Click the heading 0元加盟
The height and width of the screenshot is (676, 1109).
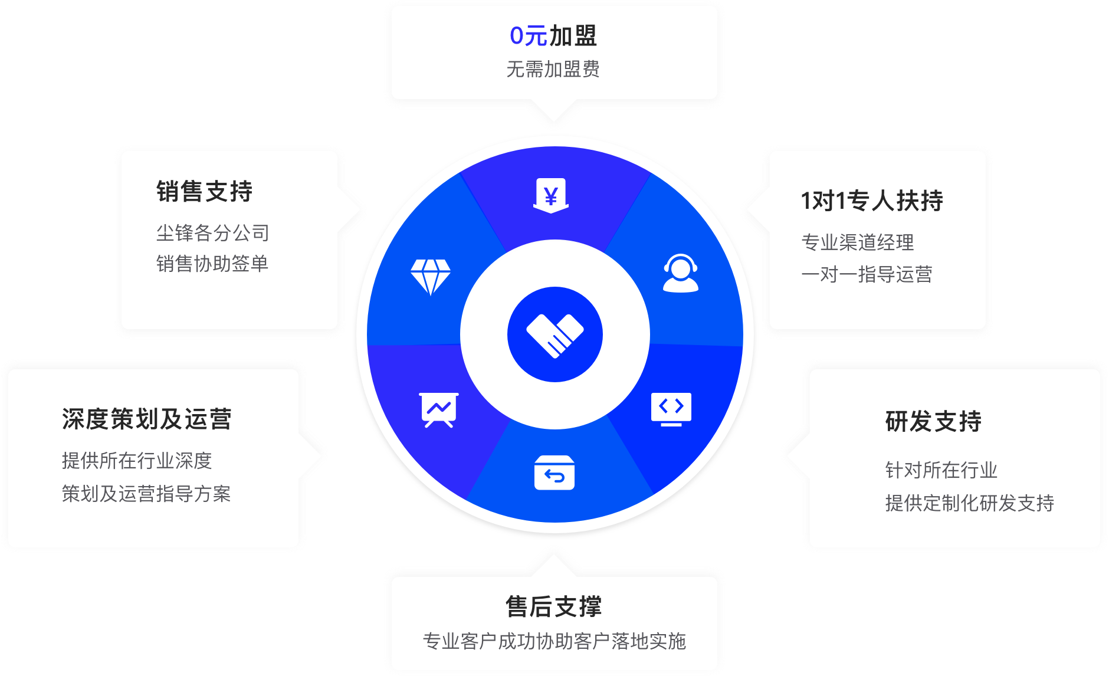coord(553,35)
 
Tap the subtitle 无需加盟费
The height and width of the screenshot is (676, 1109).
coord(553,69)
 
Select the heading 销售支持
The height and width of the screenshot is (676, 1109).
coord(205,192)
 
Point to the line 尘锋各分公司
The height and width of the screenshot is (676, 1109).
coord(212,232)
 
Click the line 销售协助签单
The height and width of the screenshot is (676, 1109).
coord(212,263)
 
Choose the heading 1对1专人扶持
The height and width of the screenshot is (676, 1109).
coord(872,201)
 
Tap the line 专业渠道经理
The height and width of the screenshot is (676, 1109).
coord(858,242)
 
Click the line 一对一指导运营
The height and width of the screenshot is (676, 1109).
coord(867,274)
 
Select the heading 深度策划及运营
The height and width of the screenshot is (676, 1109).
coord(147,419)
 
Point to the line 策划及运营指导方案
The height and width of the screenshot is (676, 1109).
coord(146,493)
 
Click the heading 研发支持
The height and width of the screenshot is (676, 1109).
coord(933,421)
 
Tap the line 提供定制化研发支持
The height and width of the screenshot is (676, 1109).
coord(970,503)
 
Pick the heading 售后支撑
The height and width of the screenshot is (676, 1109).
coord(554,606)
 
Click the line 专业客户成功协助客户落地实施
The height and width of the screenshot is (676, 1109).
coord(554,641)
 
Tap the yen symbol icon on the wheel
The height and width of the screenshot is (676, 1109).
coord(551,195)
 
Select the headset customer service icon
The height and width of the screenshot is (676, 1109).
coord(681,273)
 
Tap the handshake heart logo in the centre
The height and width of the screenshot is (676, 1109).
coord(554,335)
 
